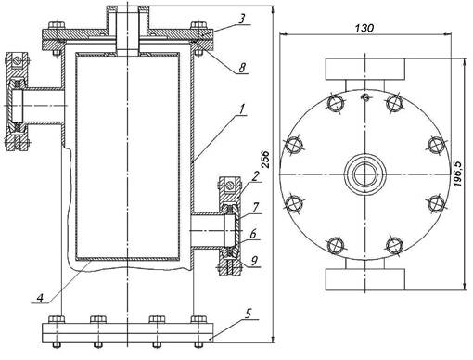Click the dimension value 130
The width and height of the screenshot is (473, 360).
point(364,28)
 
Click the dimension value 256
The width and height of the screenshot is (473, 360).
point(265,160)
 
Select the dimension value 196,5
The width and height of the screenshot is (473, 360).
point(457,174)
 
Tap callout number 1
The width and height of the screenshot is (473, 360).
point(243,109)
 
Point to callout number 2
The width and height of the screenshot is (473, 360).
point(254,176)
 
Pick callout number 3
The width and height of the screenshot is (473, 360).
point(242,19)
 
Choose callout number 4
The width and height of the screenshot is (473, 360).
point(40,298)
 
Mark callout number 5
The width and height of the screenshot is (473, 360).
point(248,314)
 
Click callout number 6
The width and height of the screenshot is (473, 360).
point(253,234)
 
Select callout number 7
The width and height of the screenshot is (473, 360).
point(255,208)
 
